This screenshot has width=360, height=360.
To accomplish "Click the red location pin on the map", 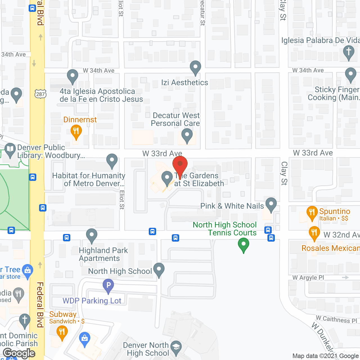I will [x=180, y=165].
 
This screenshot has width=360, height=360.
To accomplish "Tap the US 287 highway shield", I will [x=40, y=94].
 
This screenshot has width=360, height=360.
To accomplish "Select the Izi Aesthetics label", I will [x=184, y=83].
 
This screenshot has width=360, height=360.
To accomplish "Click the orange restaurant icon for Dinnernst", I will [x=76, y=131].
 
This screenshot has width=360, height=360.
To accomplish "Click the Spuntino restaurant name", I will [x=334, y=211].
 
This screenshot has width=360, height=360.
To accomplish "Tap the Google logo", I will [x=19, y=353].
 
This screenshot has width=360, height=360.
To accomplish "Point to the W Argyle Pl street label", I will [x=308, y=278].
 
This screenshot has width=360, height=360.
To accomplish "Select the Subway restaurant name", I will [x=63, y=314].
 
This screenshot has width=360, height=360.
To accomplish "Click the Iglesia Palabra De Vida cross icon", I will [x=349, y=52].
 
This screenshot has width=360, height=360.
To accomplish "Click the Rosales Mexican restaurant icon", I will [x=314, y=233].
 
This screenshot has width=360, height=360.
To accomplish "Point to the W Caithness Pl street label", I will [x=336, y=319].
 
